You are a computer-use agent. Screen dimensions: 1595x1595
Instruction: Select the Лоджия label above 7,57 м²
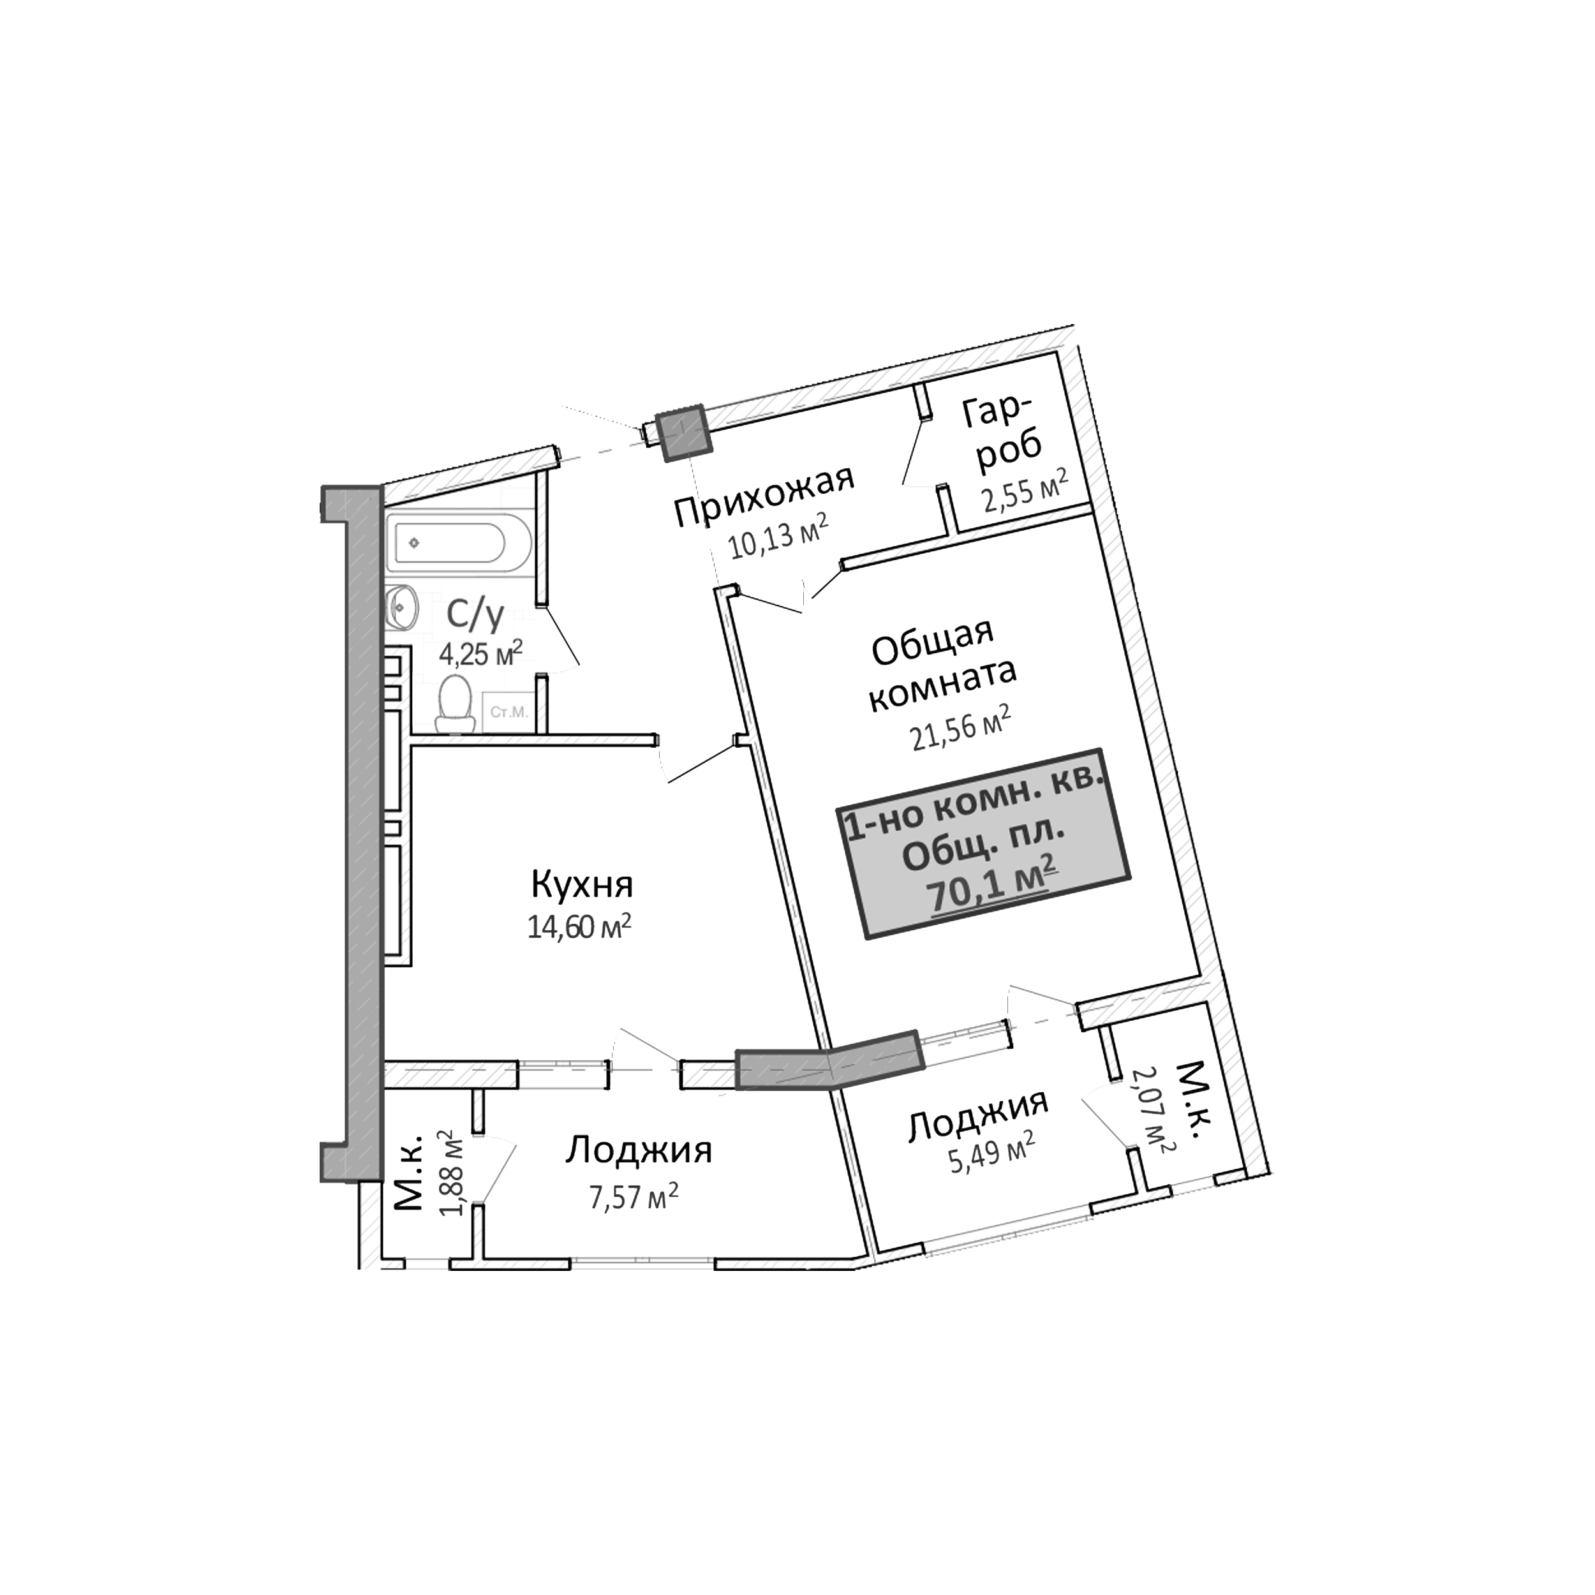[x=638, y=1150]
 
